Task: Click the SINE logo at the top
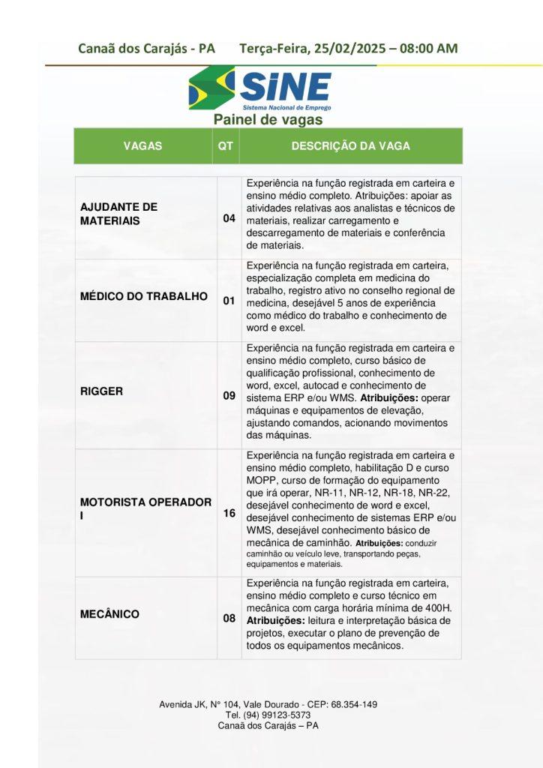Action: click(x=259, y=88)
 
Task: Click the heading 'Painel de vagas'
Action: click(x=268, y=120)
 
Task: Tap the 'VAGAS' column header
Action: click(x=142, y=146)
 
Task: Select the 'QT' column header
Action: click(x=225, y=146)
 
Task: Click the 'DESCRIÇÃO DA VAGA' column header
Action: click(x=350, y=146)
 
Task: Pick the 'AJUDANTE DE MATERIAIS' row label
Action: click(x=118, y=214)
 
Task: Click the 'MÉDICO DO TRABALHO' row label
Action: click(x=144, y=296)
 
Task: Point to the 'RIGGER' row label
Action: click(x=102, y=391)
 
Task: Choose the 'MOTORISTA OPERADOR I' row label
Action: click(x=145, y=508)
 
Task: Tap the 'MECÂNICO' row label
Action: click(x=110, y=614)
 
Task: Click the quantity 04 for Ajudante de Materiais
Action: click(x=229, y=219)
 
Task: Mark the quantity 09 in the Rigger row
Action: click(x=229, y=395)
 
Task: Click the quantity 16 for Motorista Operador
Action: click(x=229, y=514)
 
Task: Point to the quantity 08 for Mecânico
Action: click(x=229, y=619)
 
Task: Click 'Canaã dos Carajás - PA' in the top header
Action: click(x=146, y=49)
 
